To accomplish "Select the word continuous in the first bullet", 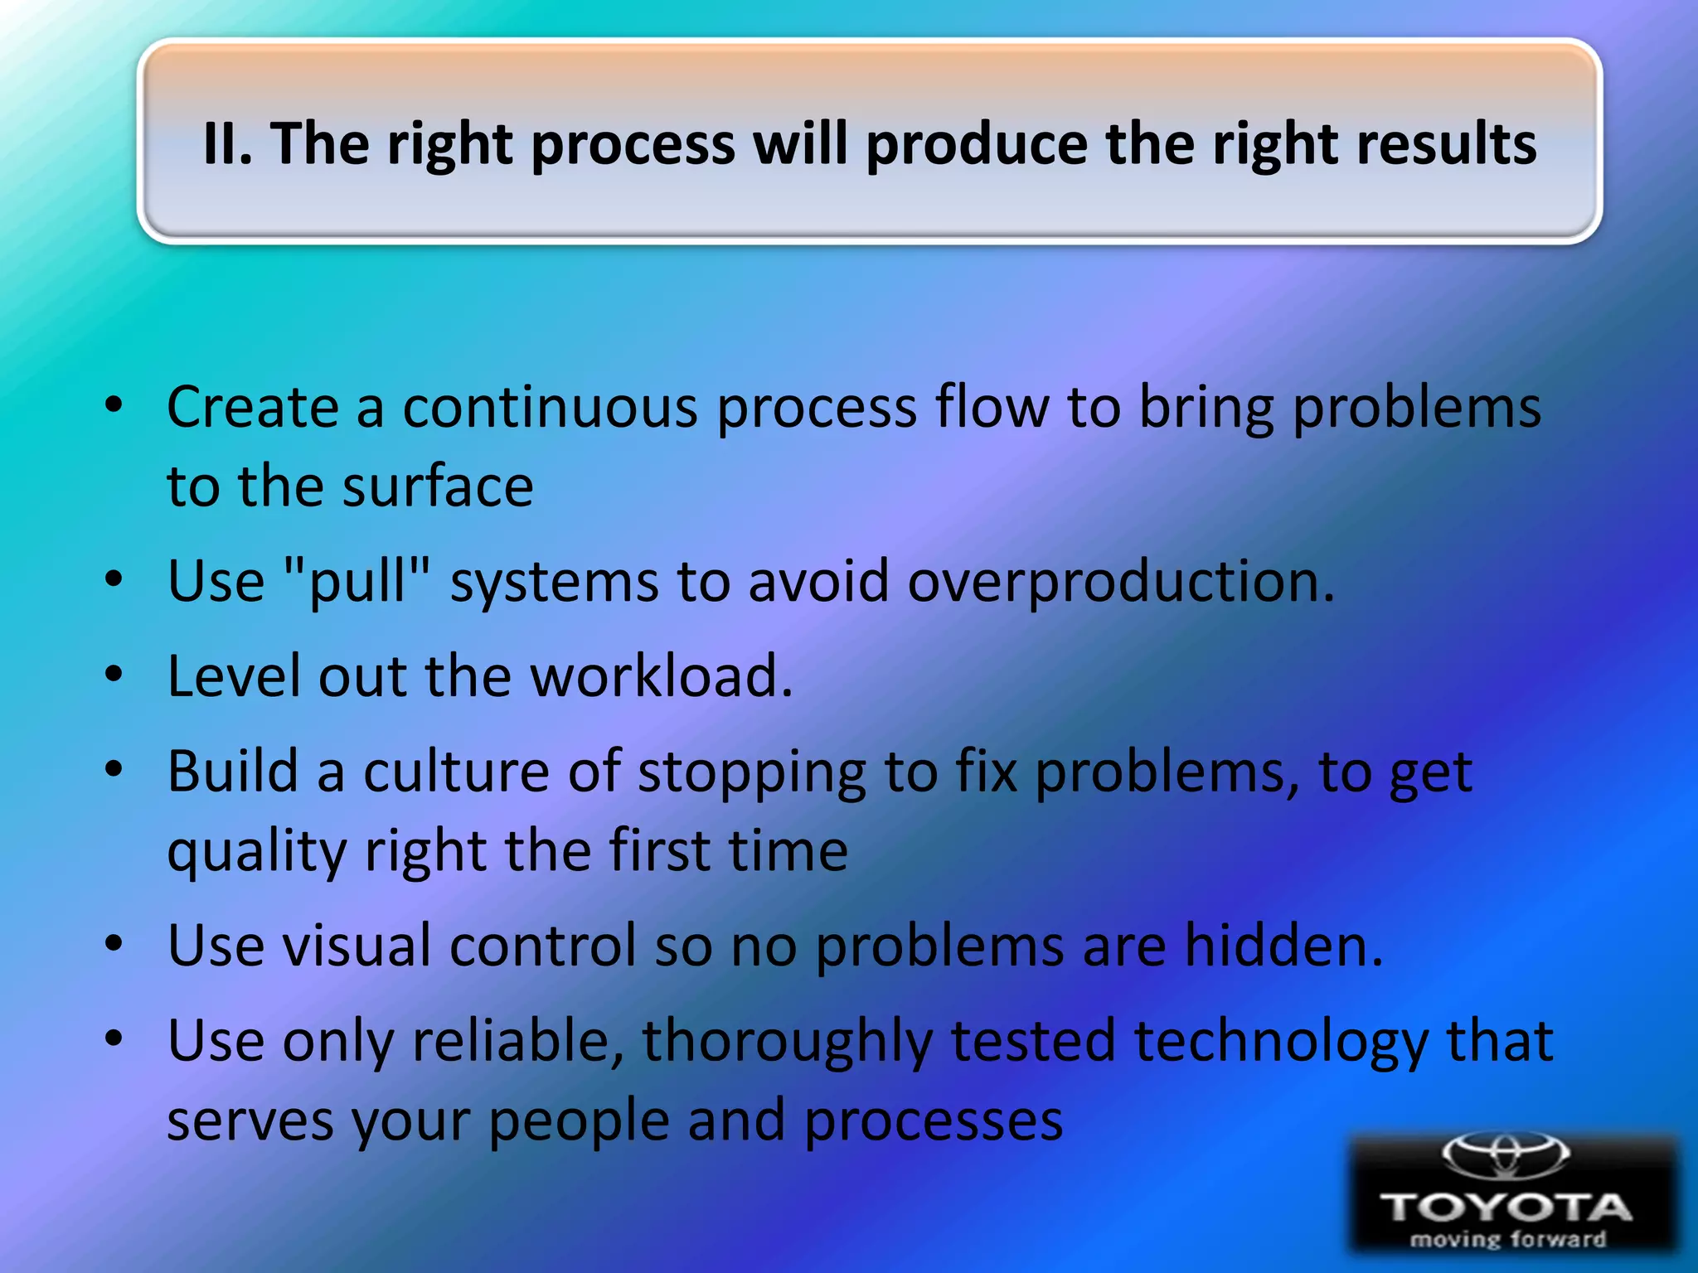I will [x=550, y=408].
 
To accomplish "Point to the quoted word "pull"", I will [x=357, y=582].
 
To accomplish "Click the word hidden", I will [x=1283, y=946].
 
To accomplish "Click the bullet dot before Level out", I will [x=114, y=674].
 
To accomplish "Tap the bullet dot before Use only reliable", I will [x=114, y=1038].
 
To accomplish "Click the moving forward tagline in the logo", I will [x=1507, y=1240].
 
